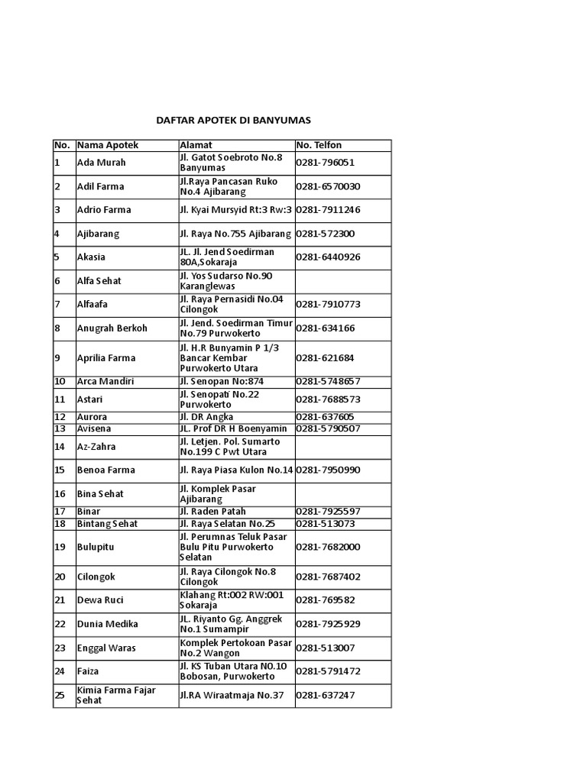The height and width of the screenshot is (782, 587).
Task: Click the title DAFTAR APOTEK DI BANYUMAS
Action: pyautogui.click(x=234, y=121)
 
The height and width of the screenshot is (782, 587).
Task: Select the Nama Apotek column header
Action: pyautogui.click(x=108, y=145)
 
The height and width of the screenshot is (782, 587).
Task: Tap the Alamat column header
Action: pyautogui.click(x=196, y=145)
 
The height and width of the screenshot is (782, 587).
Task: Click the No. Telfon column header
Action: pyautogui.click(x=319, y=145)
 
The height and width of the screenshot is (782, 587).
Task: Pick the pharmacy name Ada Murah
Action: pyautogui.click(x=102, y=163)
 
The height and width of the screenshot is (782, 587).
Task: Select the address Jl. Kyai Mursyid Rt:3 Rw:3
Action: pyautogui.click(x=236, y=210)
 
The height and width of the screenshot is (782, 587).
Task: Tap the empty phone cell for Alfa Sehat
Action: pyautogui.click(x=342, y=281)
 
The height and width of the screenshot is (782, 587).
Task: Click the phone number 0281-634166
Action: pyautogui.click(x=325, y=328)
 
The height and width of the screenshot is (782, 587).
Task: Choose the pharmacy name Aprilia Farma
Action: pyautogui.click(x=105, y=357)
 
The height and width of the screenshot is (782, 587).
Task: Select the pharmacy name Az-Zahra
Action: pyautogui.click(x=96, y=447)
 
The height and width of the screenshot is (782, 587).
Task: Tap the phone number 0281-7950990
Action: pyautogui.click(x=328, y=470)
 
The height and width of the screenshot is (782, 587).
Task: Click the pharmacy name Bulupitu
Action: pyautogui.click(x=96, y=547)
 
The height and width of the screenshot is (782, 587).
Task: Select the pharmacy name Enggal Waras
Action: pyautogui.click(x=106, y=648)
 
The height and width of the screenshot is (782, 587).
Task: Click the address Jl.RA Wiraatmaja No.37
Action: pyautogui.click(x=231, y=695)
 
